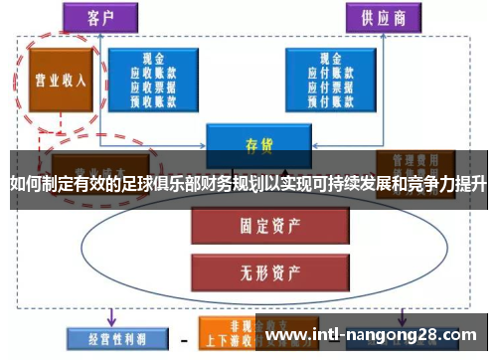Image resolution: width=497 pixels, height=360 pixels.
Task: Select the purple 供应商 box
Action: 381,16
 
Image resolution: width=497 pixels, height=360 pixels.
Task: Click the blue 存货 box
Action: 252,145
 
